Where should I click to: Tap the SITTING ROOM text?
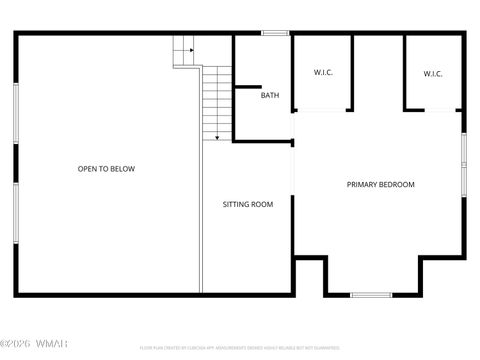click(x=247, y=204)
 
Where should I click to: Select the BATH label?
click(x=270, y=96)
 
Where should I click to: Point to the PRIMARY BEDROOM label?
click(x=380, y=184)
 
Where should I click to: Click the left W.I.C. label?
click(x=323, y=73)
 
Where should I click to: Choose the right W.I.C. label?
click(x=433, y=73)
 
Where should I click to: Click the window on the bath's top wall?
click(x=275, y=34)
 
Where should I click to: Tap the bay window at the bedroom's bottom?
click(x=371, y=294)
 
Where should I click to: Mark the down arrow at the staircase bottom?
click(x=217, y=135)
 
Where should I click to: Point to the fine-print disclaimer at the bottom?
click(x=253, y=349)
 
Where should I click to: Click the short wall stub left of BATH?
click(x=246, y=88)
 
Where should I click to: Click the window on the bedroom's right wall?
click(x=463, y=163)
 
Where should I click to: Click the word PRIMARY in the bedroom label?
click(x=362, y=184)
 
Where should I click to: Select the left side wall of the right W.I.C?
click(x=405, y=72)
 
